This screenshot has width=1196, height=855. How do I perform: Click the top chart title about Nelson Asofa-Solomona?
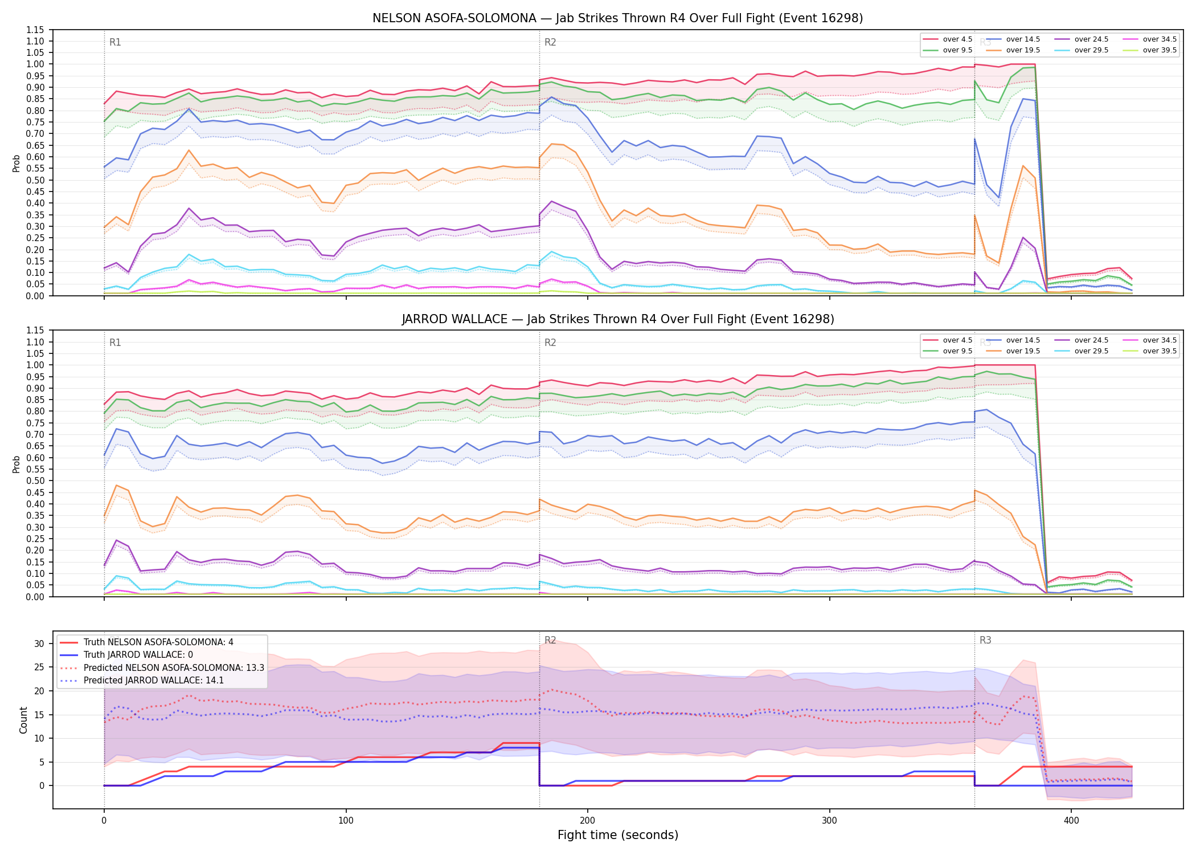(x=617, y=18)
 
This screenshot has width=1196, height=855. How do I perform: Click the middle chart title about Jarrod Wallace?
(x=617, y=319)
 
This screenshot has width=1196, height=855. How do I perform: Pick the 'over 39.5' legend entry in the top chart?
(x=1150, y=50)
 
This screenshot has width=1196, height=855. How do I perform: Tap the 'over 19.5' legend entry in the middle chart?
(x=1014, y=351)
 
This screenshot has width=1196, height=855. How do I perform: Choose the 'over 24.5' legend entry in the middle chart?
(x=1082, y=340)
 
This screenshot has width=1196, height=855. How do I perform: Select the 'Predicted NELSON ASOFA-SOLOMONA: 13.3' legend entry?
(x=162, y=667)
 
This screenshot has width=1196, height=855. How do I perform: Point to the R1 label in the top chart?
(x=115, y=42)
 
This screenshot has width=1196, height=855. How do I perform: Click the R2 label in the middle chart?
(x=550, y=343)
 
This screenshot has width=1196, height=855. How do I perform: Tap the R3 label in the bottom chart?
(x=985, y=640)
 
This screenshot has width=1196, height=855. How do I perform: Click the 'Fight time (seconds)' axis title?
(x=618, y=835)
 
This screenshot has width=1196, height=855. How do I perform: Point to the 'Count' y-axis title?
(x=23, y=720)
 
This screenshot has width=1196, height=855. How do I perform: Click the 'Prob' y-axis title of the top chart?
(x=17, y=164)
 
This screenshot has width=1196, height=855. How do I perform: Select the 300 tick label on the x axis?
(x=829, y=821)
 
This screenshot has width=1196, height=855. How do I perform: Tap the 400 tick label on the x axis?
(x=1071, y=821)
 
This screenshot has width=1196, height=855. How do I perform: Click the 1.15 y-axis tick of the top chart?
(x=35, y=30)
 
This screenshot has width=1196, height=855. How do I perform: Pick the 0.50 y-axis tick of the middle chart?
(x=35, y=481)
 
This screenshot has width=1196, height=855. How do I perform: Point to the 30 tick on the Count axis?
(x=39, y=644)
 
